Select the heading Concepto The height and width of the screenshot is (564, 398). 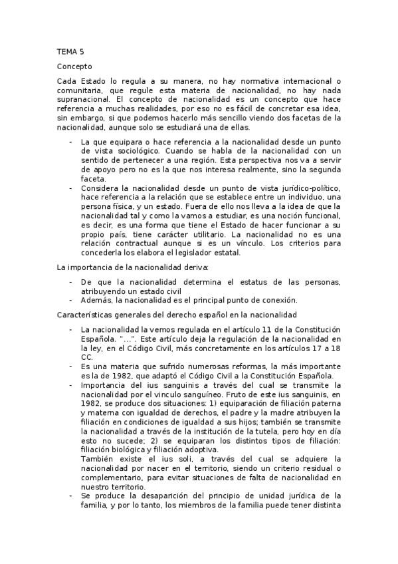(x=74, y=67)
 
